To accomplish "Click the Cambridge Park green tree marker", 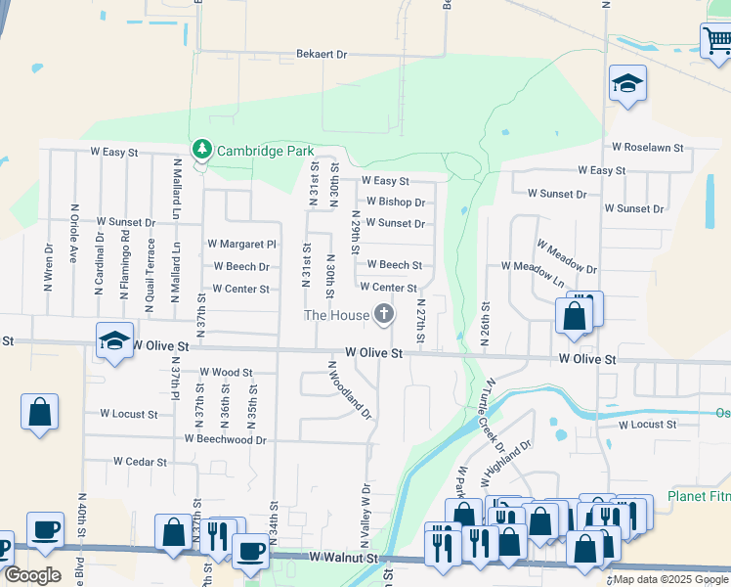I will tap(202, 150).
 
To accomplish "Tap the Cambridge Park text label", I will tap(265, 151).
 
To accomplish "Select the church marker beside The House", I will tap(384, 314).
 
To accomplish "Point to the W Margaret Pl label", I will tap(241, 244).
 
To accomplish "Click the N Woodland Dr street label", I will tap(350, 389).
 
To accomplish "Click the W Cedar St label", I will tap(141, 462).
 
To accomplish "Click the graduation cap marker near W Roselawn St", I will tap(627, 84).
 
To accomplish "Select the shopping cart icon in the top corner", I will tap(716, 40).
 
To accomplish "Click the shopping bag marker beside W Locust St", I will tap(39, 412).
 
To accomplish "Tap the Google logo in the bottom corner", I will tap(31, 574).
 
